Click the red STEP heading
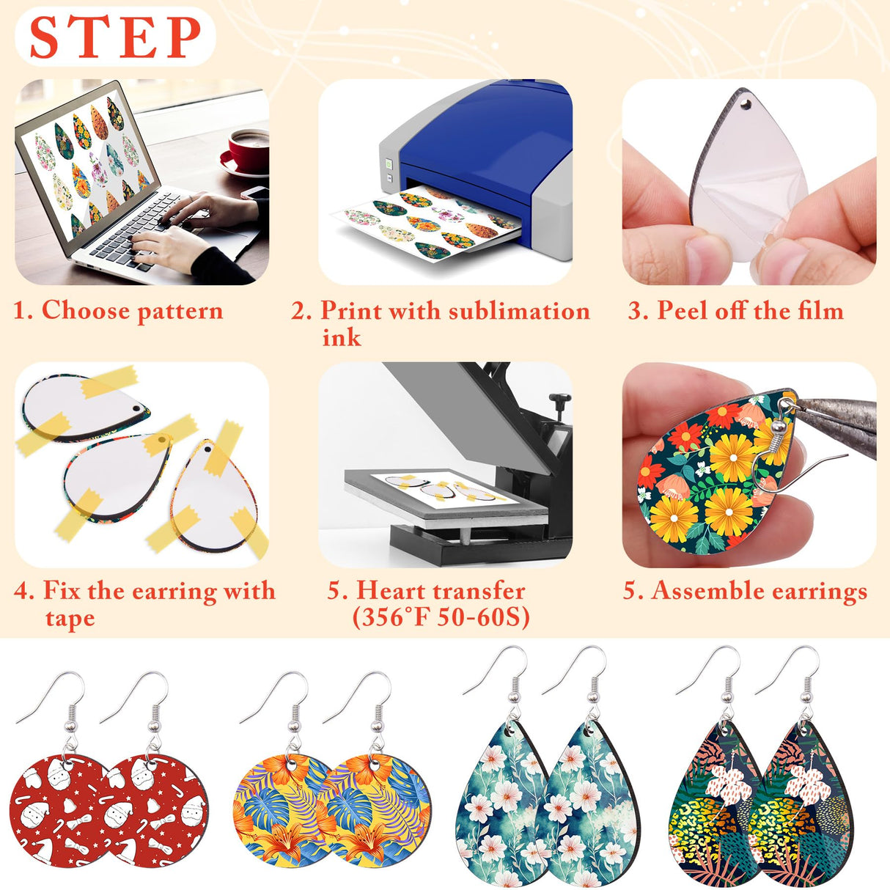click(116, 37)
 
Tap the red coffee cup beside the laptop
click(248, 150)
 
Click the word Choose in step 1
click(85, 310)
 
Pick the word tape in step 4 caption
click(70, 618)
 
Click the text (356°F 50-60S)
click(441, 617)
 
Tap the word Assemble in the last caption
click(709, 591)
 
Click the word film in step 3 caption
click(820, 310)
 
